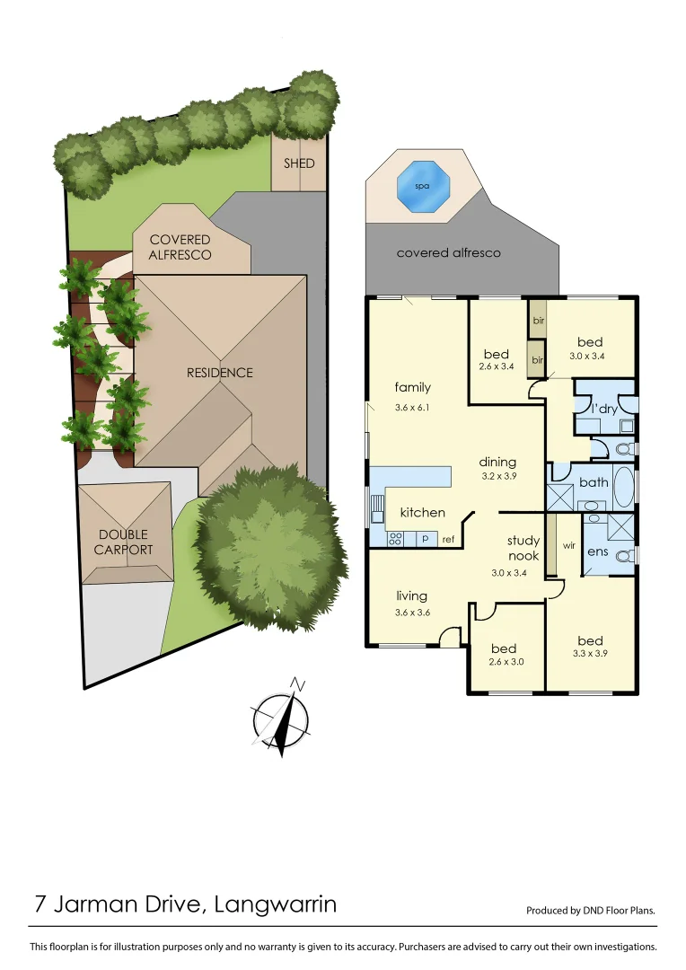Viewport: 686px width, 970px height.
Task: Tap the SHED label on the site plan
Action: (x=299, y=163)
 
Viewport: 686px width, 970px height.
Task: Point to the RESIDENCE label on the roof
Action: (x=220, y=373)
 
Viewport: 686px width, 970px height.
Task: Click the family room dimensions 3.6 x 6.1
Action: (x=413, y=408)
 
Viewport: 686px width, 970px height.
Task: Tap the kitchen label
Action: (x=422, y=513)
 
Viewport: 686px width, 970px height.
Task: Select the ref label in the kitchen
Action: (x=448, y=539)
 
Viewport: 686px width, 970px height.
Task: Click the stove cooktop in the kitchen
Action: (x=394, y=539)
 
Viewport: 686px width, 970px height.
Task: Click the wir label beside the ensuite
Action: (x=568, y=544)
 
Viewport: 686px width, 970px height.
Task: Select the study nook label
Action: (x=523, y=548)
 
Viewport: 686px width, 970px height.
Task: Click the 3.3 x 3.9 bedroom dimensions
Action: (x=591, y=653)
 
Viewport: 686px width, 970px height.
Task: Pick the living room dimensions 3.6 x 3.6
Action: (x=412, y=613)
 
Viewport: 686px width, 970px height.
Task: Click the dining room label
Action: (x=497, y=463)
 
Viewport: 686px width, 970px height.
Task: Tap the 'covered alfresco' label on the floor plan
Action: (x=449, y=253)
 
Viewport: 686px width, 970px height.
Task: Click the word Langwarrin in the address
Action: (x=276, y=904)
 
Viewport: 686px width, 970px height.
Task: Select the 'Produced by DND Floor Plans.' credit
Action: (x=591, y=910)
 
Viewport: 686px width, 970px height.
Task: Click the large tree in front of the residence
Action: (x=269, y=548)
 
